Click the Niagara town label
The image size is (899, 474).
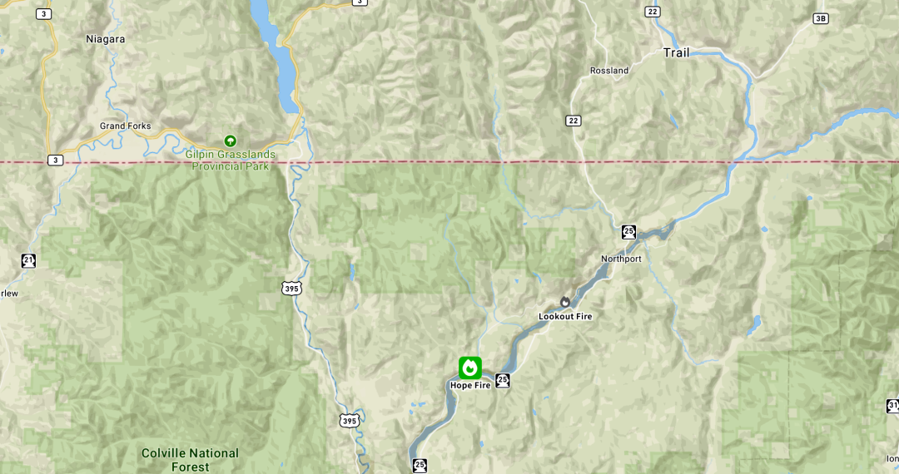click(105, 38)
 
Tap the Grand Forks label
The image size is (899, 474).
click(126, 126)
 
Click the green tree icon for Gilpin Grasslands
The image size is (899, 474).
click(231, 141)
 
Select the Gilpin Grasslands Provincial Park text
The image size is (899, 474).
click(231, 160)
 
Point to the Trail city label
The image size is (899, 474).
click(676, 52)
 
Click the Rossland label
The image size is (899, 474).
click(609, 71)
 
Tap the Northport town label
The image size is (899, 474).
click(621, 259)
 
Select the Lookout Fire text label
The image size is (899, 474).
click(565, 316)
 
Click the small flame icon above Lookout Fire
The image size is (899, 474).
click(565, 301)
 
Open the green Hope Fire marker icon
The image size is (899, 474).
click(470, 368)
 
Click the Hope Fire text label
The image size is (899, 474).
click(470, 385)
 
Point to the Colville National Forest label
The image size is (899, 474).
click(190, 459)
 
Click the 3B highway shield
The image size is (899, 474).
click(821, 18)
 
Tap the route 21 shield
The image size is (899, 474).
click(29, 261)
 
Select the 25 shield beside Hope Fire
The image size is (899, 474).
click(502, 380)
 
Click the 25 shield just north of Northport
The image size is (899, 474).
click(628, 232)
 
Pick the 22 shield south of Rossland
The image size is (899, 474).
click(573, 121)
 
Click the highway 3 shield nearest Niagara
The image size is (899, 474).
click(43, 14)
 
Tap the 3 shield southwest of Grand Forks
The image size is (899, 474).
click(55, 160)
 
